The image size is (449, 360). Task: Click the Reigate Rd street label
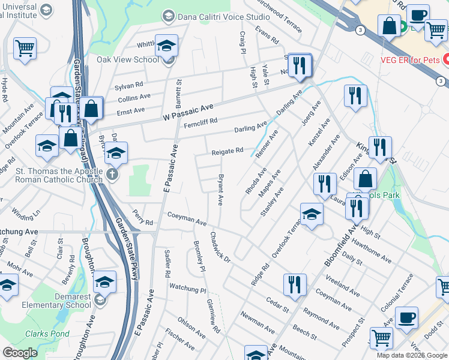click(x=227, y=152)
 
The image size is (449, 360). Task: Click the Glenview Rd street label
click(x=213, y=317)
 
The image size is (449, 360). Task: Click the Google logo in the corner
click(x=20, y=353)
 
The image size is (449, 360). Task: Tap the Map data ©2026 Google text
click(x=411, y=355)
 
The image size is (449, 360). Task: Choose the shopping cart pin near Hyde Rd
click(x=25, y=47)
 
